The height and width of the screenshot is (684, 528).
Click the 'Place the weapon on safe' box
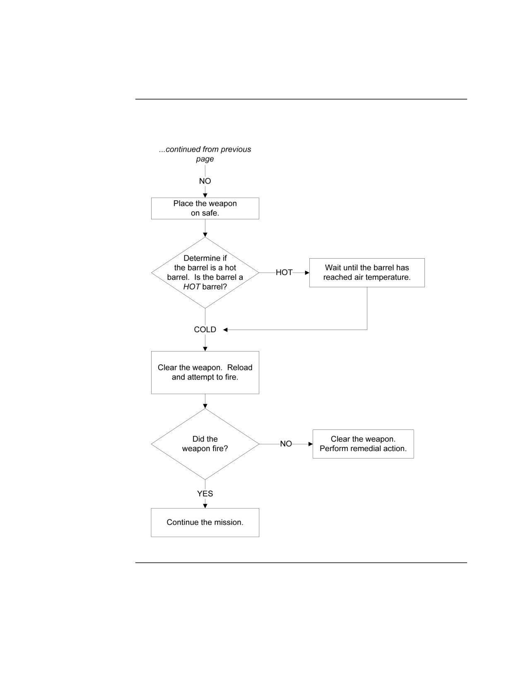(205, 209)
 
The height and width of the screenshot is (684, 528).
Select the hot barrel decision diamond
(205, 273)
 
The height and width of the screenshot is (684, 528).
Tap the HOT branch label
(284, 273)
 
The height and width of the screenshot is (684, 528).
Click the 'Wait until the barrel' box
(367, 273)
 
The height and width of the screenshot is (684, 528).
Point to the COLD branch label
(205, 330)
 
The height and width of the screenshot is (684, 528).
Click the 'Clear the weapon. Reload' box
(205, 372)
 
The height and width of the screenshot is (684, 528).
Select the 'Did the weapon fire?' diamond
(205, 444)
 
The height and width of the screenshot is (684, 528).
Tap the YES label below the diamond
(205, 494)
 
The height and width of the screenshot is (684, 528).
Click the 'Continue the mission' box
(205, 522)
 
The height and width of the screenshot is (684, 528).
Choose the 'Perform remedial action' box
(363, 444)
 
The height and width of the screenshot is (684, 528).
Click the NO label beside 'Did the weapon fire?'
(286, 444)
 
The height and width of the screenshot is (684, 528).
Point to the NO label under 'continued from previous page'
(205, 181)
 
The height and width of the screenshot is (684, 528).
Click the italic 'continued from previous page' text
(205, 154)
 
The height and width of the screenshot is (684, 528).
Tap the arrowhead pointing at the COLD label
(225, 330)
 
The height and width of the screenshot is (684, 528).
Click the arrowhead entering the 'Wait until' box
(307, 273)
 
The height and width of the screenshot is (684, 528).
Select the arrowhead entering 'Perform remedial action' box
(311, 444)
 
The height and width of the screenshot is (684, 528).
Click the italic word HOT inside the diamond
(191, 287)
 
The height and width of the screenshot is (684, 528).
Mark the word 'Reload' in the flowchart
(240, 368)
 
